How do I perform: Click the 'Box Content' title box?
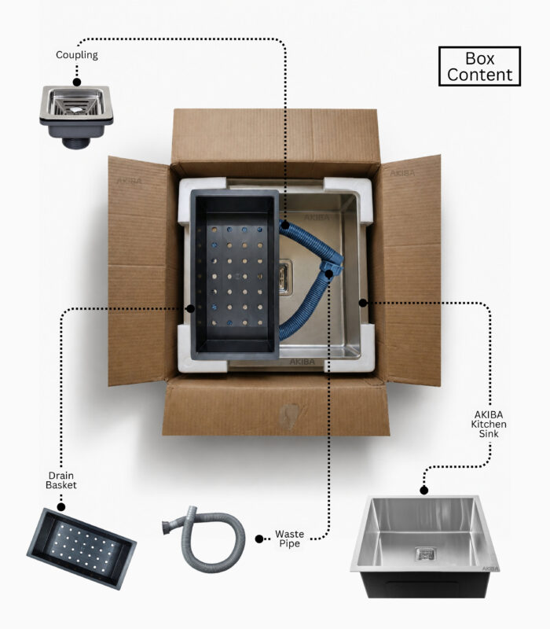coord(479,66)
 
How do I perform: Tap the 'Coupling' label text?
coord(76,55)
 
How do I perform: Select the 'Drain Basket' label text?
coord(61,480)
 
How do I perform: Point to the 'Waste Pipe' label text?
coord(289,539)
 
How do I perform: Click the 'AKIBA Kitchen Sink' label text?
coord(489,424)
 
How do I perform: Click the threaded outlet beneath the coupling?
coord(75,143)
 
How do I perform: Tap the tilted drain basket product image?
coord(82,548)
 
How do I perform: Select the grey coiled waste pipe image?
coord(204,539)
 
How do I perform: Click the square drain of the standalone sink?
coord(425,554)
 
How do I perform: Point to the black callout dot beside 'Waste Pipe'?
coord(259,539)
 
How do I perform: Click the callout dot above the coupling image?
coord(77,83)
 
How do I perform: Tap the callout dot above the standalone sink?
coord(424,490)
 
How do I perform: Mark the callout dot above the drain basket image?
coord(61,507)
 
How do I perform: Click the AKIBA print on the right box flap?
coord(402,173)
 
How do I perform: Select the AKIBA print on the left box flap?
coord(129,181)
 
